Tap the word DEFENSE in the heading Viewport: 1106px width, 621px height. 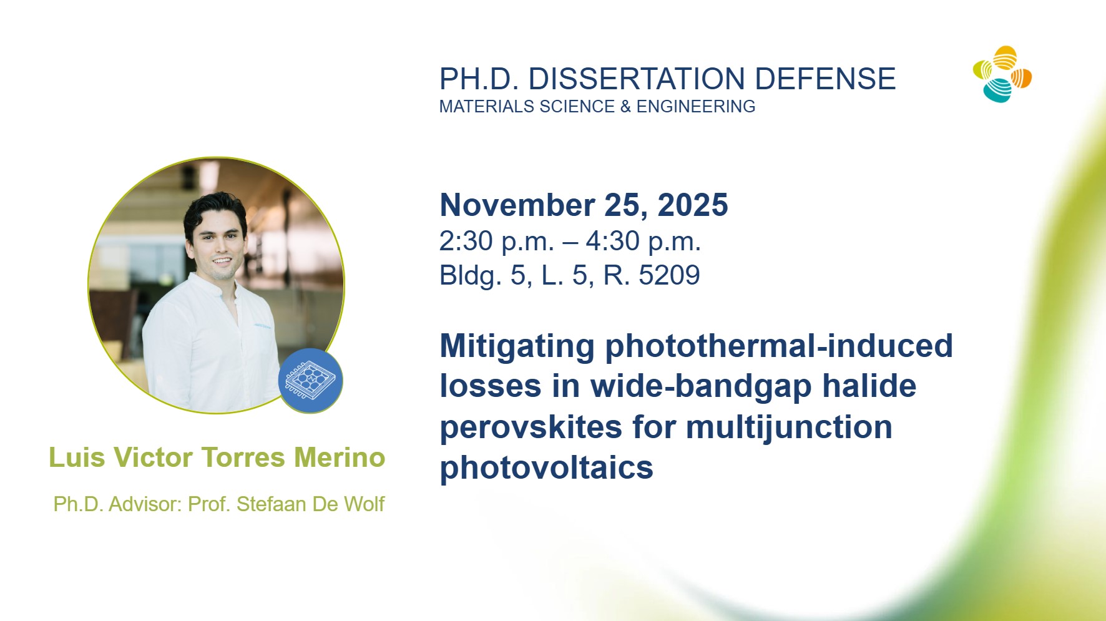pyautogui.click(x=825, y=79)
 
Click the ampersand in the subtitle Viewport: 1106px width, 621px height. pyautogui.click(x=625, y=107)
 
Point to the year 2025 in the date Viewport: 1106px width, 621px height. pyautogui.click(x=692, y=205)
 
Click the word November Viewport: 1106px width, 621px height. pyautogui.click(x=517, y=205)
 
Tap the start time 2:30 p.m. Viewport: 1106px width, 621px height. pyautogui.click(x=497, y=242)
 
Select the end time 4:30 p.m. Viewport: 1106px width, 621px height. pyautogui.click(x=644, y=242)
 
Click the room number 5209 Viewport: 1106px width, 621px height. pyautogui.click(x=669, y=275)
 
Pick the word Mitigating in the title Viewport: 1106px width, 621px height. pyautogui.click(x=517, y=346)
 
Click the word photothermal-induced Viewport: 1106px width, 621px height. pyautogui.click(x=779, y=346)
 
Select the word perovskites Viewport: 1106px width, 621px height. pyautogui.click(x=531, y=428)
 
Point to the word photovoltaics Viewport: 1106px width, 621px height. pyautogui.click(x=547, y=467)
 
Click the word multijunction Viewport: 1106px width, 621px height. pyautogui.click(x=789, y=428)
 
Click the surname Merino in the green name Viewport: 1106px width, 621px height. pyautogui.click(x=340, y=457)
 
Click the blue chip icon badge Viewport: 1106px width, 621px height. pyautogui.click(x=310, y=381)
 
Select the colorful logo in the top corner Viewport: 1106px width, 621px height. pyautogui.click(x=1002, y=74)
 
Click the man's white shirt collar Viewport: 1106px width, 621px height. pyautogui.click(x=215, y=286)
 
